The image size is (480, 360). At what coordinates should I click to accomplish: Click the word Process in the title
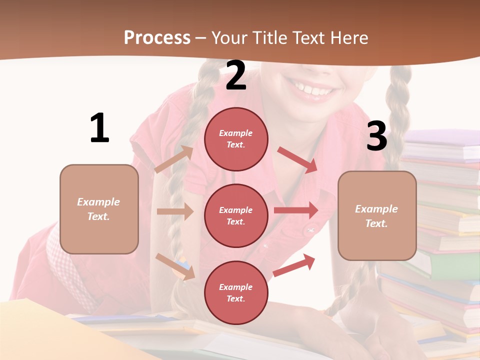[x=157, y=37]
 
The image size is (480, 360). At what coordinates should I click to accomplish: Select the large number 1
[x=99, y=128]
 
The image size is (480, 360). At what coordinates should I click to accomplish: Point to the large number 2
[x=236, y=75]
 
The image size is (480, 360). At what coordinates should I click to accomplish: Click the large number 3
[x=377, y=136]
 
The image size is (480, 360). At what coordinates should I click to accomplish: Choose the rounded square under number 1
[x=99, y=209]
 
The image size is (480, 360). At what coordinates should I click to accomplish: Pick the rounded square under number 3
[x=377, y=215]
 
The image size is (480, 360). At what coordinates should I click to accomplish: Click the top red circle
[x=236, y=139]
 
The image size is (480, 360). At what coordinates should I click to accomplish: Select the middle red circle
[x=236, y=215]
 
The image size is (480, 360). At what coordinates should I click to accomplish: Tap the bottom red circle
[x=236, y=292]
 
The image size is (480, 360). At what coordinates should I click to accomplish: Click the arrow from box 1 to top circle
[x=174, y=159]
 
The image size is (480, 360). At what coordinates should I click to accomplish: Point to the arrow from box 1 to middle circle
[x=175, y=211]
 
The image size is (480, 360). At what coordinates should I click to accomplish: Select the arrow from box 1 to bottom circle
[x=175, y=266]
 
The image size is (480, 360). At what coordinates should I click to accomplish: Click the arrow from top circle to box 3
[x=298, y=160]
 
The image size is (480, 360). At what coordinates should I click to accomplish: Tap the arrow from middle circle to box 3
[x=296, y=210]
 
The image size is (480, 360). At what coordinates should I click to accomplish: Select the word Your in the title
[x=230, y=37]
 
